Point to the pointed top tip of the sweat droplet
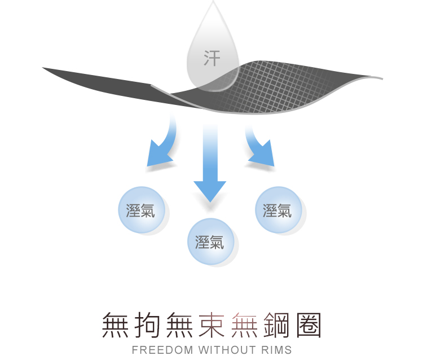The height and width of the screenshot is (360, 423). click(214, 3)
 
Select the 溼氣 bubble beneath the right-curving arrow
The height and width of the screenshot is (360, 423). click(277, 210)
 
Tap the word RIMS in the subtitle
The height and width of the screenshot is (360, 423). click(276, 350)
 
